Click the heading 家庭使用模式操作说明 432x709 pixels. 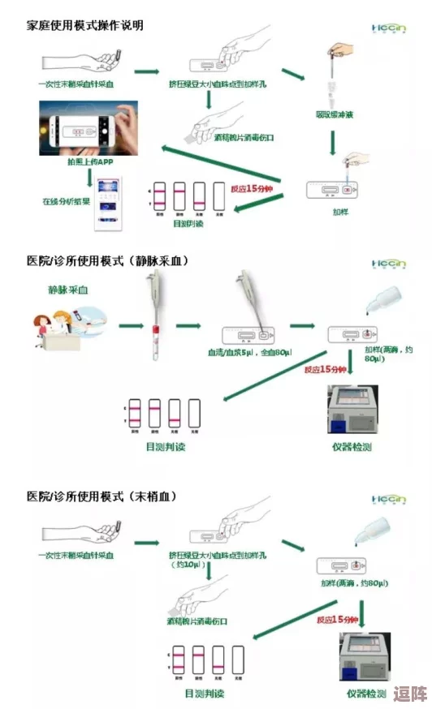coord(85,26)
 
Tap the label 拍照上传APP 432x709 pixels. coord(90,161)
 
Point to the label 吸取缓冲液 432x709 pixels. coord(335,115)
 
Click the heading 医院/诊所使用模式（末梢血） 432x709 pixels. coord(101,496)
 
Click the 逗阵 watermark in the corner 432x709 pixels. coord(409,695)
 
